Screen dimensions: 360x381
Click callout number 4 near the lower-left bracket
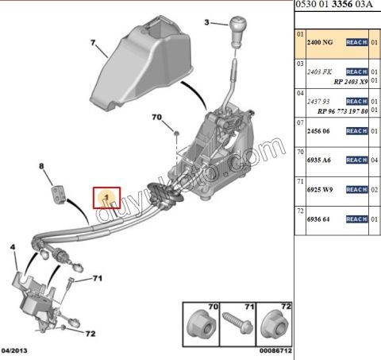tap(13, 247)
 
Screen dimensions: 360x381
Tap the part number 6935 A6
tap(321, 159)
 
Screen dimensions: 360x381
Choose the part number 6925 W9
tap(321, 189)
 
